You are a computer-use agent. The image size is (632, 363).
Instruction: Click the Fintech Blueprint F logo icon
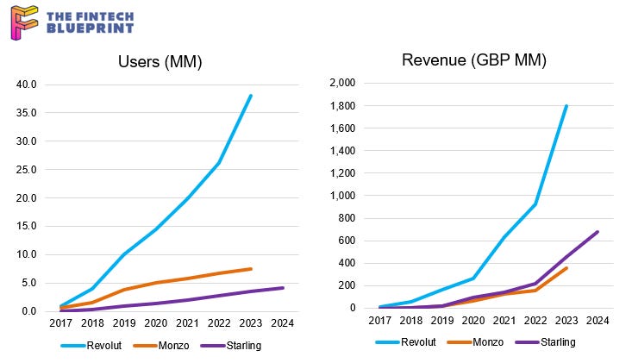pyautogui.click(x=23, y=22)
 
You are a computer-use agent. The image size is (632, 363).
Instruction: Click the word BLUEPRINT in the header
pyautogui.click(x=91, y=28)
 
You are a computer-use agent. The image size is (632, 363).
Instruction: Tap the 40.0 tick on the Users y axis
pyautogui.click(x=28, y=84)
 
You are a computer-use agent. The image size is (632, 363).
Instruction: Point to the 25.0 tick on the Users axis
pyautogui.click(x=28, y=170)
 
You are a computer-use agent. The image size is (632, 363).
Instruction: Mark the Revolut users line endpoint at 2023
pyautogui.click(x=251, y=95)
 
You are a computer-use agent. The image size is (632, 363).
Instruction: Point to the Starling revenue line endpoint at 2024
pyautogui.click(x=598, y=231)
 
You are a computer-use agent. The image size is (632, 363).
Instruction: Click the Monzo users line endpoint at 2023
pyautogui.click(x=251, y=269)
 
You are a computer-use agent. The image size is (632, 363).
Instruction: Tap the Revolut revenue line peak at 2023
pyautogui.click(x=566, y=106)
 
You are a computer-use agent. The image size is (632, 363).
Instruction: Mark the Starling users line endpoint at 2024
pyautogui.click(x=282, y=288)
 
